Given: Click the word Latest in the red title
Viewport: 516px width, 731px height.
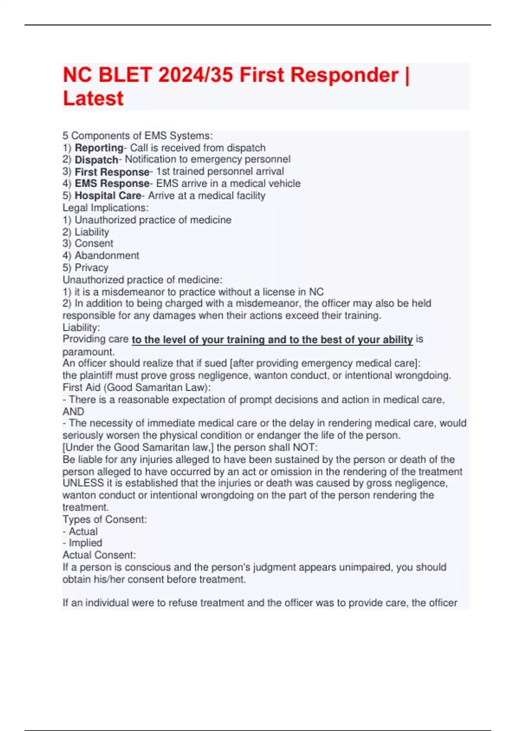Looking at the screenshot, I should point(93,98).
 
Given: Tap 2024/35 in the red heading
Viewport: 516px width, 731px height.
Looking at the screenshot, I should point(196,75).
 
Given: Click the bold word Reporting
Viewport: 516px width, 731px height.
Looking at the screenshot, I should point(99,148).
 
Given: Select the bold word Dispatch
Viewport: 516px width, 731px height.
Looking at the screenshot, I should point(96,160).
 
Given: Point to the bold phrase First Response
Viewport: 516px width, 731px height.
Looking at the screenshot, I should point(112,172).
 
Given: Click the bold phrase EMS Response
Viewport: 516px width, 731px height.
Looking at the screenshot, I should point(112,184).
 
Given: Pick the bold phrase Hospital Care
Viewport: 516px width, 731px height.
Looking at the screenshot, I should point(108,196).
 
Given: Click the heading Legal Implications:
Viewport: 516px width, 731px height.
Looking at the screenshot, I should point(105,208).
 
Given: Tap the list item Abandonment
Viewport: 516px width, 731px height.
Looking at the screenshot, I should point(107,255).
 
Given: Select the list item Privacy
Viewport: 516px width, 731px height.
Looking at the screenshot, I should point(92,267).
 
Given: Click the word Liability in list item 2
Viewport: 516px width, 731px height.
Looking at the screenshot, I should point(92,232).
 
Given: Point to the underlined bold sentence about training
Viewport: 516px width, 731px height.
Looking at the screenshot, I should point(272,340).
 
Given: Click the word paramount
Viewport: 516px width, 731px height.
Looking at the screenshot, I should point(89,352).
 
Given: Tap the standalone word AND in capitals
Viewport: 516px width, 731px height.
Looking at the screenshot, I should point(73,412).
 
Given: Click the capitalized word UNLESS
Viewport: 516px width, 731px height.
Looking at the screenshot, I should point(83,483).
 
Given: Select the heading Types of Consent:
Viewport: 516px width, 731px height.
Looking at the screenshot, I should point(104,519).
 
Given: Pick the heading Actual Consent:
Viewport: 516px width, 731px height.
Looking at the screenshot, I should point(99,555).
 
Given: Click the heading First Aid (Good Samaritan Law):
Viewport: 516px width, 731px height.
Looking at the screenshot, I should point(137,387).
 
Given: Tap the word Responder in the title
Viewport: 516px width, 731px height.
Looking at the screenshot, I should point(319,75).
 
